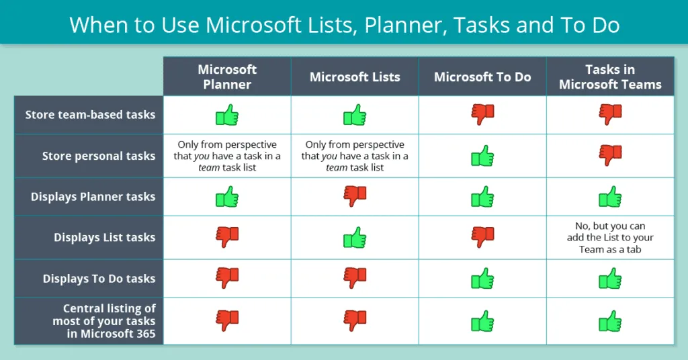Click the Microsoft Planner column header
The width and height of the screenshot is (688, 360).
pyautogui.click(x=227, y=77)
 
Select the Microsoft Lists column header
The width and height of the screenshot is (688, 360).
pyautogui.click(x=355, y=77)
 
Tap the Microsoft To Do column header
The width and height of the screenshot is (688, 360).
pyautogui.click(x=482, y=77)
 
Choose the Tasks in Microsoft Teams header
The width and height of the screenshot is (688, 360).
pyautogui.click(x=610, y=77)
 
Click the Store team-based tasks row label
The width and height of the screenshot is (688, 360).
pyautogui.click(x=90, y=115)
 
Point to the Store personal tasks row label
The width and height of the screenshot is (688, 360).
pyautogui.click(x=98, y=156)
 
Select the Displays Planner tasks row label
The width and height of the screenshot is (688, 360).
pyautogui.click(x=93, y=197)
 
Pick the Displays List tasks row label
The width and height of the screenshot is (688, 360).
pyautogui.click(x=104, y=238)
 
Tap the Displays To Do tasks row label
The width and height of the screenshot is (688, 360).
pyautogui.click(x=99, y=279)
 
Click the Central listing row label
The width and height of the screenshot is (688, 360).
pyautogui.click(x=110, y=321)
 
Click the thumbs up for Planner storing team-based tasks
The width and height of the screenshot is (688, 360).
pyautogui.click(x=227, y=115)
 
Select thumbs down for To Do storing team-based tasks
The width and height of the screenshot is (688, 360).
pyautogui.click(x=482, y=115)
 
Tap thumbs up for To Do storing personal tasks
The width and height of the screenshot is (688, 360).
pyautogui.click(x=482, y=156)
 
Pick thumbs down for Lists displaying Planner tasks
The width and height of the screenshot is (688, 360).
pyautogui.click(x=355, y=196)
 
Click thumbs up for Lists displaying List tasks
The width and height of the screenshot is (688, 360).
pyautogui.click(x=355, y=237)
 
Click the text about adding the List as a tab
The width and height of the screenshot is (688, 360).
pyautogui.click(x=610, y=238)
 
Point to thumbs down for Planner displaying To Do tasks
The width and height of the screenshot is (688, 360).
pyautogui.click(x=227, y=278)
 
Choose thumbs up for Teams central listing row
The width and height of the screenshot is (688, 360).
pyautogui.click(x=610, y=322)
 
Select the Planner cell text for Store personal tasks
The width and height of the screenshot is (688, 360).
pyautogui.click(x=227, y=156)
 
